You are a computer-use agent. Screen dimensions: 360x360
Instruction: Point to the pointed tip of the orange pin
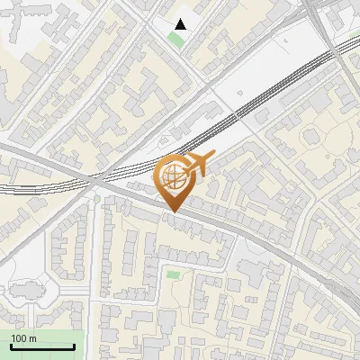pyautogui.click(x=173, y=211)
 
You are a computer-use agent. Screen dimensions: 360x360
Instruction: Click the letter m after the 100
pyautogui.click(x=32, y=338)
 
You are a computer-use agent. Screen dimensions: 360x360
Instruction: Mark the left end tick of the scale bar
pyautogui.click(x=11, y=345)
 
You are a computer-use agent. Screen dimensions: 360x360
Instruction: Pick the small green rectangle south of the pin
pyautogui.click(x=173, y=274)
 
